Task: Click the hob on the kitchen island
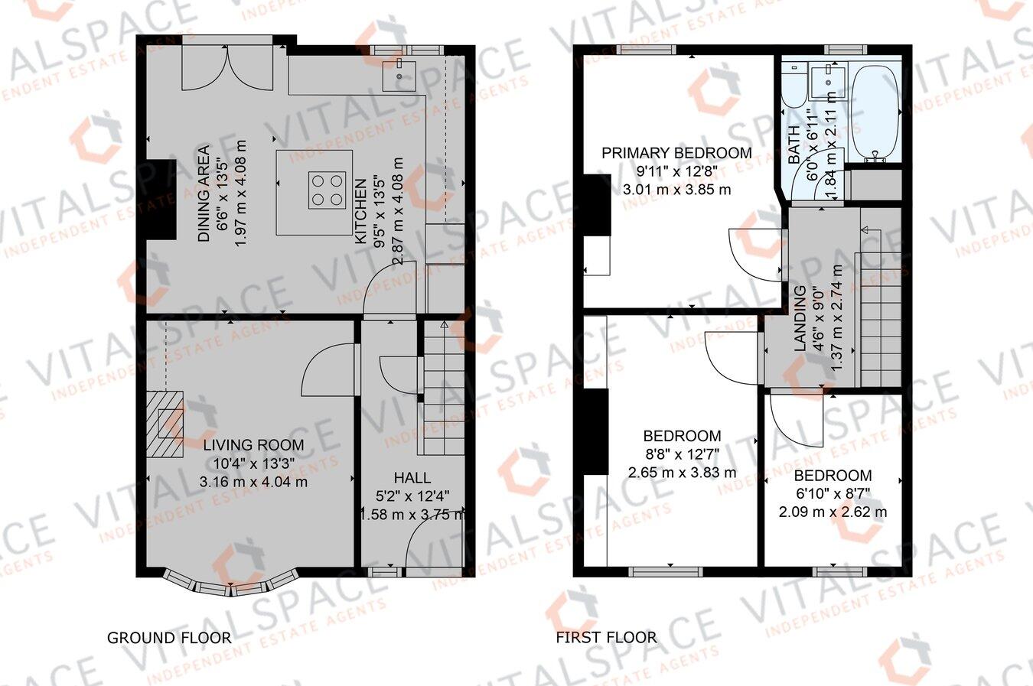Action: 326,190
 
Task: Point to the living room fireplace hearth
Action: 168,424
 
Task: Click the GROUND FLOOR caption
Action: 168,637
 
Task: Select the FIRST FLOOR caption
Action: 606,637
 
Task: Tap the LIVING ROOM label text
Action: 253,445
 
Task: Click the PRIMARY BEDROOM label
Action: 676,153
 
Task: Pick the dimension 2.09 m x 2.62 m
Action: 833,512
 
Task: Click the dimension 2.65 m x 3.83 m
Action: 682,473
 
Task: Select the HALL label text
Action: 412,477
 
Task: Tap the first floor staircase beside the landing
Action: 881,306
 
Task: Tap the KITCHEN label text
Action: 360,211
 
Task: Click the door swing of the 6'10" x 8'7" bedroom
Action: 792,420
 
